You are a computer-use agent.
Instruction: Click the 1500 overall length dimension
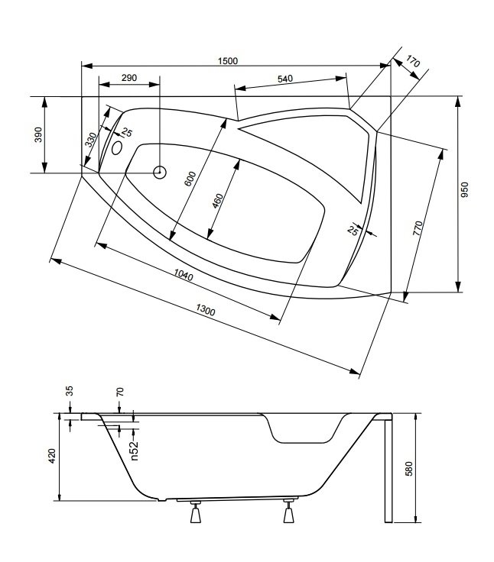[228, 61]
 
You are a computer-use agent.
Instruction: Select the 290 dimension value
[129, 78]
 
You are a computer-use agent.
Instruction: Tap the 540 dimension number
[285, 79]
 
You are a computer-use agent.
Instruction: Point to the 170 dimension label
[412, 61]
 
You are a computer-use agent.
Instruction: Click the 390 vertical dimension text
[38, 134]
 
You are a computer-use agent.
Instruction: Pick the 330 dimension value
[91, 140]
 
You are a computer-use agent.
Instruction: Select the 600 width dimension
[190, 179]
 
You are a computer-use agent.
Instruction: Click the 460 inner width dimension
[217, 201]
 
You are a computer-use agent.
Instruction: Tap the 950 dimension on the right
[465, 189]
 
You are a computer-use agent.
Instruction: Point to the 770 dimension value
[418, 228]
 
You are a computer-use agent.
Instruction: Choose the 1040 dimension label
[184, 275]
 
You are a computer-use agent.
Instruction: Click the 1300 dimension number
[206, 310]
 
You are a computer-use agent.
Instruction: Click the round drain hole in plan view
[160, 173]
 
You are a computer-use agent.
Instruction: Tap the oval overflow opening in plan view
[117, 147]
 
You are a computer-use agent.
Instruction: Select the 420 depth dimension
[53, 456]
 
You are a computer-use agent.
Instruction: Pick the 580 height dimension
[408, 469]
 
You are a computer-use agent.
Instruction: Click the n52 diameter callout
[134, 450]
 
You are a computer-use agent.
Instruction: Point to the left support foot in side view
[196, 512]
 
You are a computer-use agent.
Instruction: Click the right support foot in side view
[289, 512]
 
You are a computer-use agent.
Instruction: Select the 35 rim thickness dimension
[70, 391]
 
